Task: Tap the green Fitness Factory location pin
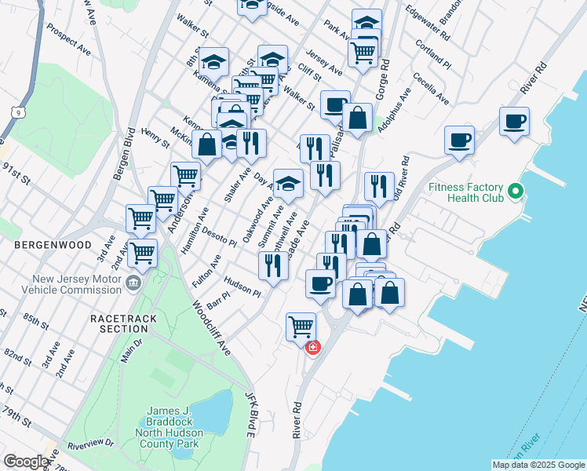pyautogui.click(x=516, y=191)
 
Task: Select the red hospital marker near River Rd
pyautogui.click(x=312, y=347)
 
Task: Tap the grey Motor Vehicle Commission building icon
pyautogui.click(x=133, y=283)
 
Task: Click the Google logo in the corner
pyautogui.click(x=26, y=462)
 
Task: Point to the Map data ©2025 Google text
pyautogui.click(x=538, y=465)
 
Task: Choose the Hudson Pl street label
pyautogui.click(x=242, y=286)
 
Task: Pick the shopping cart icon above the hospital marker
pyautogui.click(x=301, y=326)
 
